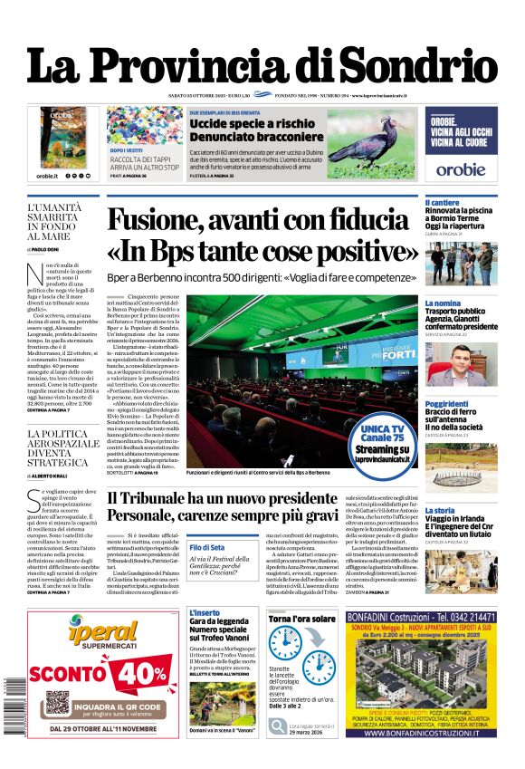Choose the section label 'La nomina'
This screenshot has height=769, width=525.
click(x=444, y=303)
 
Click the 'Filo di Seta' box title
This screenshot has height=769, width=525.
click(x=207, y=547)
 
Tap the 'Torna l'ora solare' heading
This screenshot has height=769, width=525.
click(x=301, y=618)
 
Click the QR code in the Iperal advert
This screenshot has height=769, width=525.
click(x=56, y=705)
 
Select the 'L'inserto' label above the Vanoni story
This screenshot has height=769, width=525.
click(x=205, y=613)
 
